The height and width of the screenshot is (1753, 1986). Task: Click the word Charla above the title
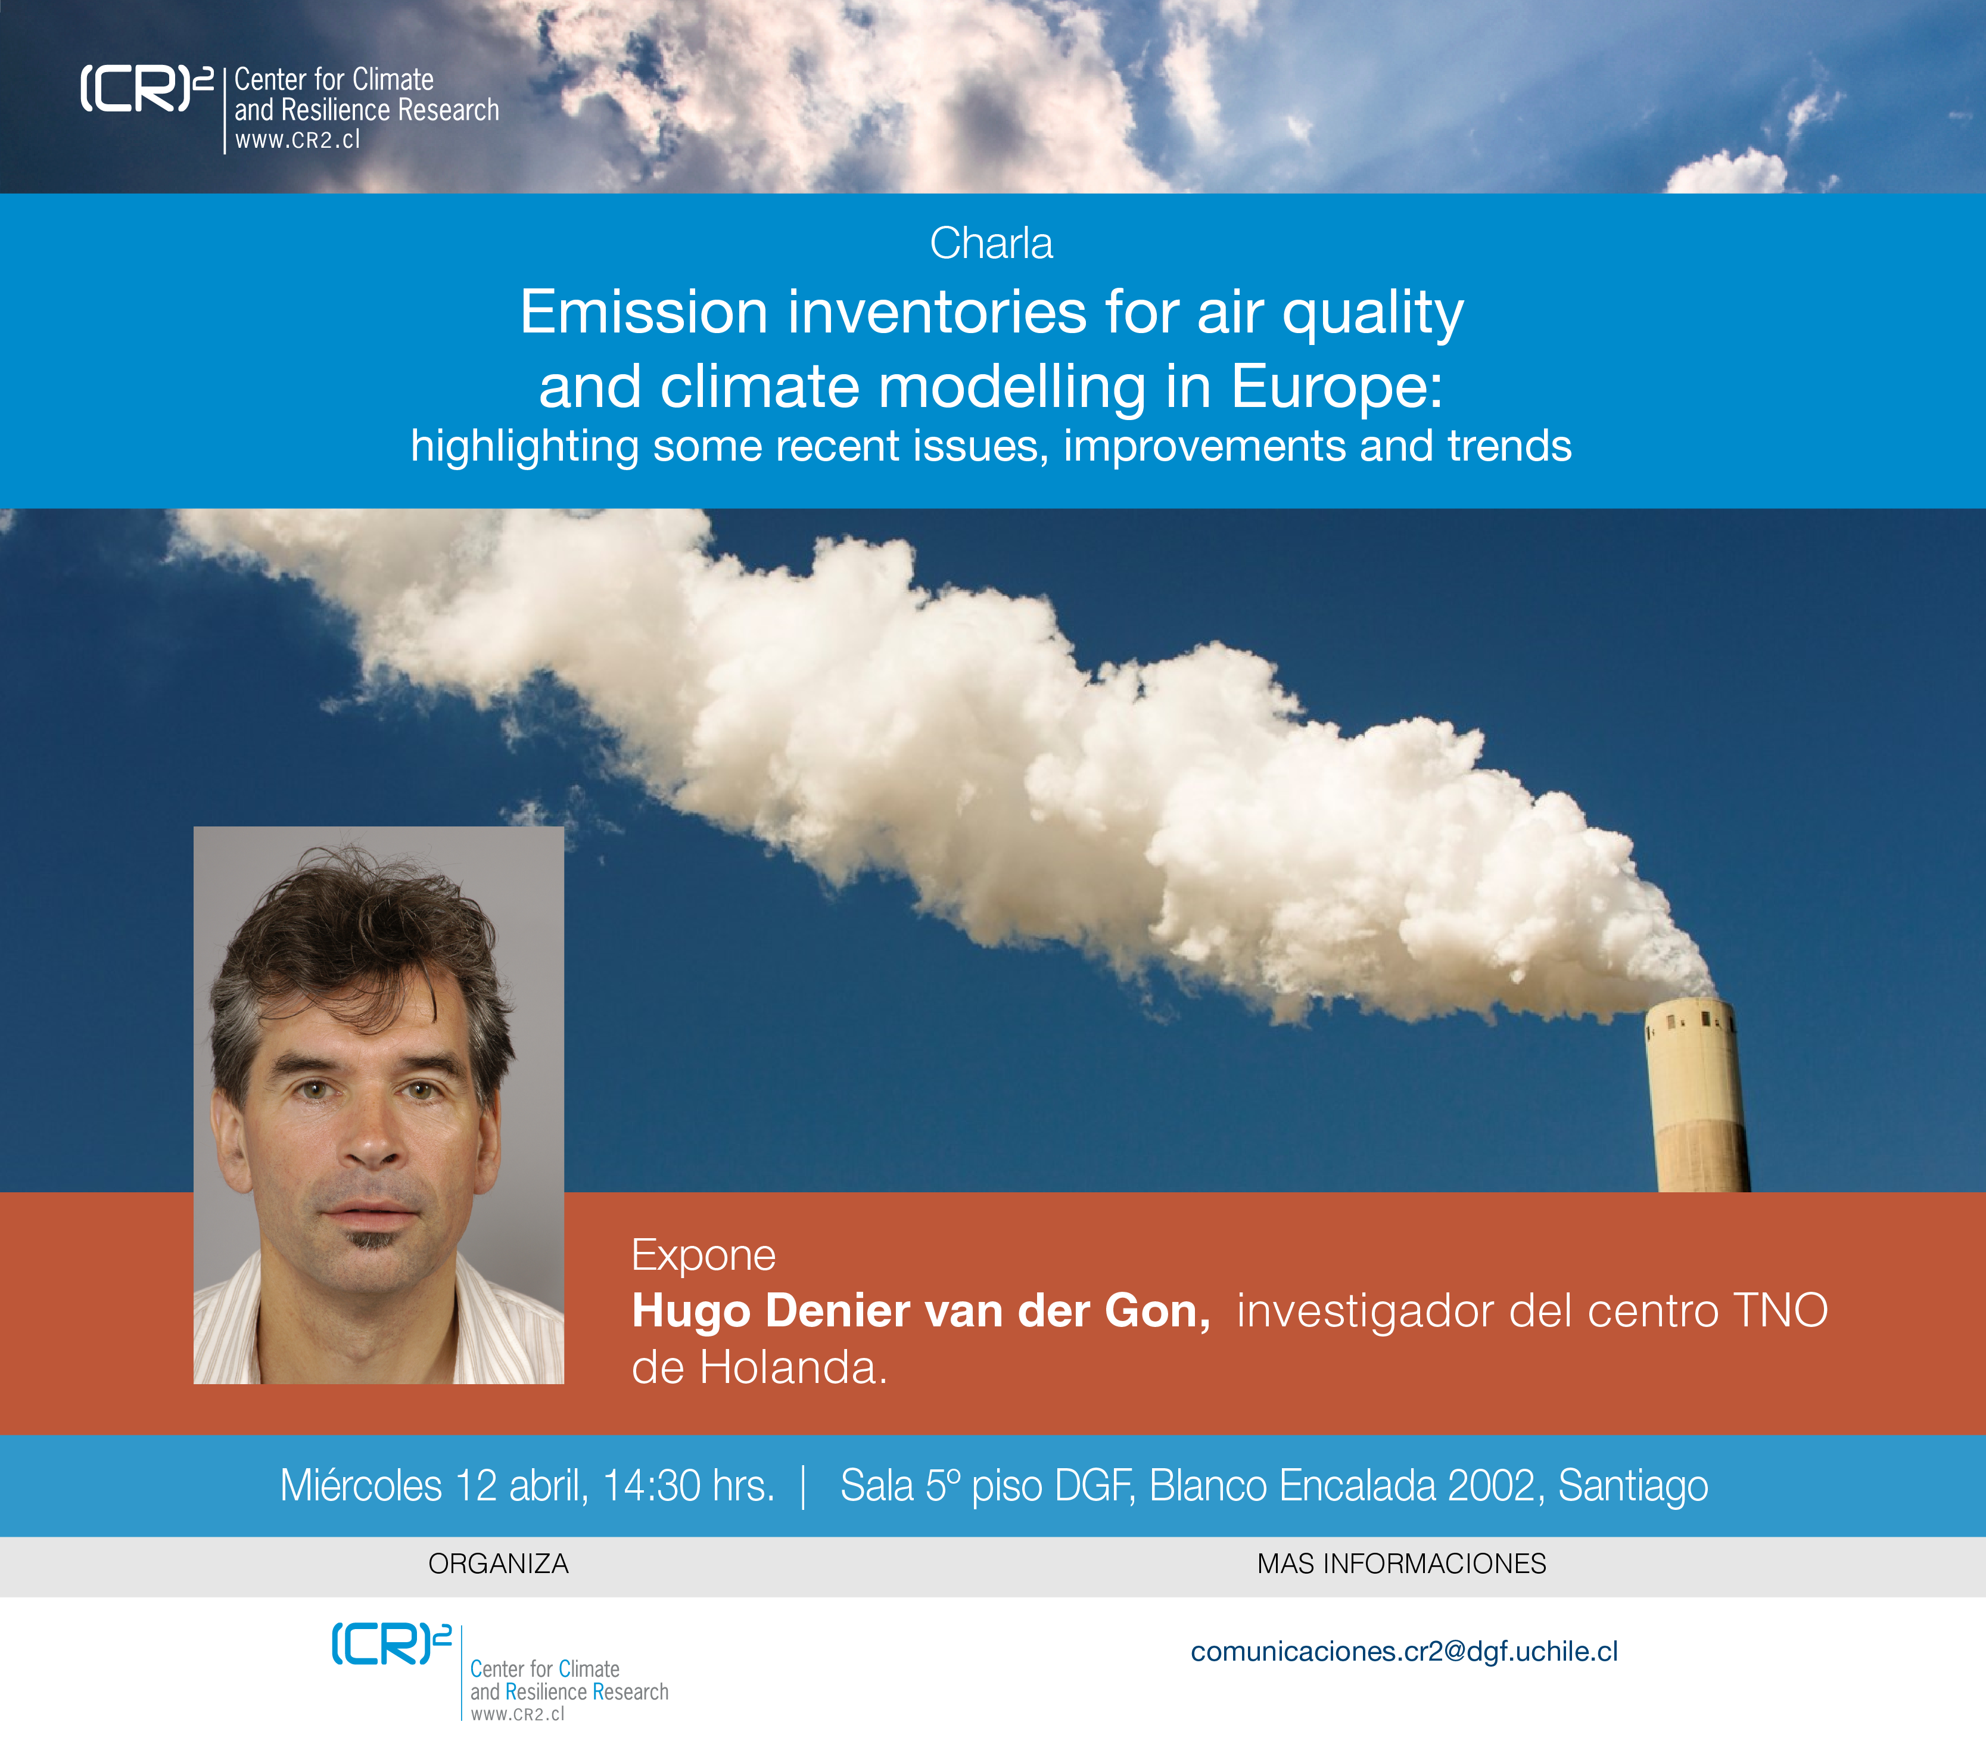pos(991,243)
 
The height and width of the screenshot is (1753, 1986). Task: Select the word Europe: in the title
pos(1337,387)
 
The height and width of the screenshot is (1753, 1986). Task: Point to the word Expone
pos(703,1255)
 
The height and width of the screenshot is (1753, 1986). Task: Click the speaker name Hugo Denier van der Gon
pos(921,1311)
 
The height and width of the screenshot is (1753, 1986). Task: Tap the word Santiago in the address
pos(1633,1487)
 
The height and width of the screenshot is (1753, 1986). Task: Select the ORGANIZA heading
pos(499,1564)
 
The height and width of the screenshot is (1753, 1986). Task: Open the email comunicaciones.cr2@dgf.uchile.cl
pos(1404,1652)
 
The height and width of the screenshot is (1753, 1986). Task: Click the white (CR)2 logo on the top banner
pos(146,88)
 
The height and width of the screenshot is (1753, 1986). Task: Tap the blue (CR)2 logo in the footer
pos(391,1643)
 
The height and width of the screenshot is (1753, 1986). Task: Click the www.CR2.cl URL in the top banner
pos(297,140)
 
